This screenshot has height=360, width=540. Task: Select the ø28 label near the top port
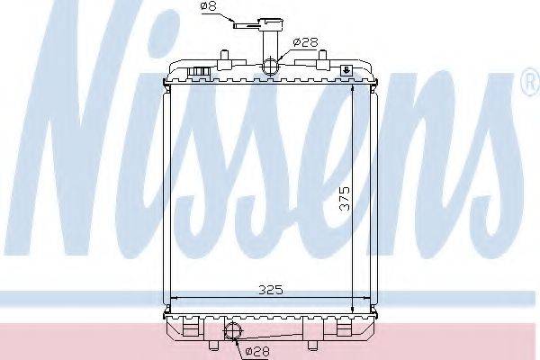coord(302,41)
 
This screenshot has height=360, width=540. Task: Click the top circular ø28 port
coord(271,66)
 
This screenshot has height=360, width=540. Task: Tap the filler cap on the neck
coord(268,22)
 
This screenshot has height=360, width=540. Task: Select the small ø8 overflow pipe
coord(244,25)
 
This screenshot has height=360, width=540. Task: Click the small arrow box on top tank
coord(346,69)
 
